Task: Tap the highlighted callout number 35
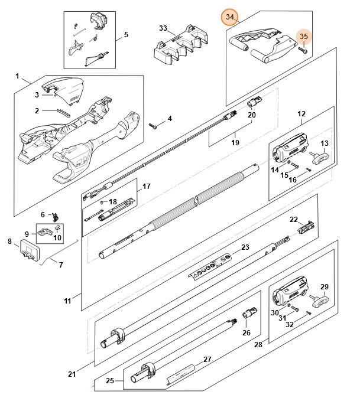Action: click(x=304, y=37)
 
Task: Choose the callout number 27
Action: click(x=207, y=359)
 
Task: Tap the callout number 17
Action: click(x=146, y=187)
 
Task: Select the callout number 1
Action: click(x=18, y=77)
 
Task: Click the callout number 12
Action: click(x=301, y=113)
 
